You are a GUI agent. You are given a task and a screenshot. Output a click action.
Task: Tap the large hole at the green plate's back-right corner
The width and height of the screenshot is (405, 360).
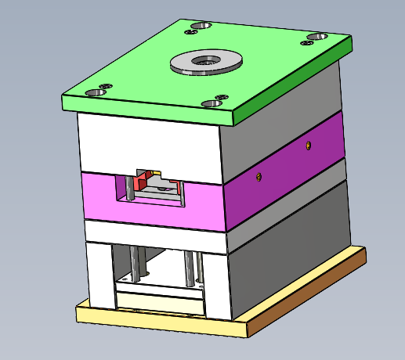click(x=316, y=37)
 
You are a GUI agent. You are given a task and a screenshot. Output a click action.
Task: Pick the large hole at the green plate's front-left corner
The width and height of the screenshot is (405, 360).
click(x=96, y=92)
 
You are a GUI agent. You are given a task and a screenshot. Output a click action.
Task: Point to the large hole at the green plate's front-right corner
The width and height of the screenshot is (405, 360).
click(x=212, y=103)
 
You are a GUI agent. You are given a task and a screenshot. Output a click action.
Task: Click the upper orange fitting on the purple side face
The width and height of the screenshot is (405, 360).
click(x=309, y=145)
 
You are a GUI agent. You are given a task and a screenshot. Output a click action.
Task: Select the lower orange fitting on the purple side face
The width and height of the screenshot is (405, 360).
click(x=258, y=177)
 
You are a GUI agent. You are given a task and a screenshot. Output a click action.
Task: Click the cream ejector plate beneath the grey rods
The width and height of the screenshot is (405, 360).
click(x=157, y=299)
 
